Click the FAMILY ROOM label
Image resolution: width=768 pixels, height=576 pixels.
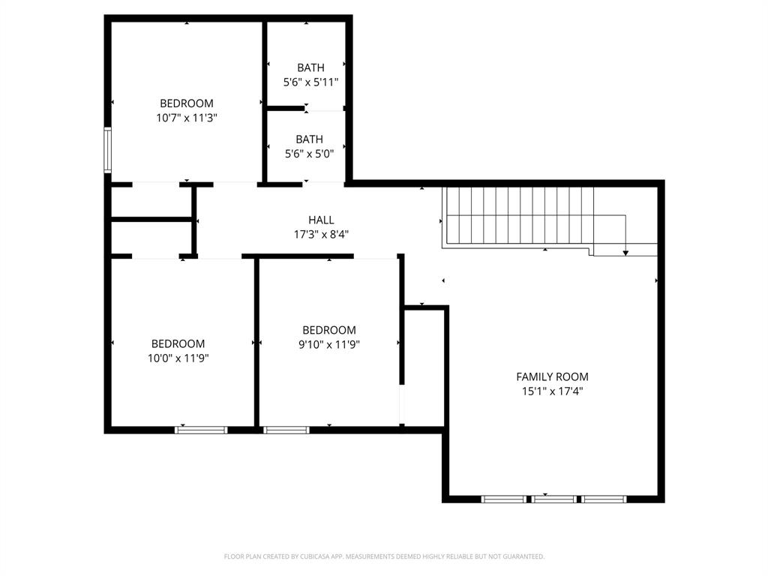pyautogui.click(x=552, y=376)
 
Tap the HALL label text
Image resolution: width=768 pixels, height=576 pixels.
pyautogui.click(x=321, y=220)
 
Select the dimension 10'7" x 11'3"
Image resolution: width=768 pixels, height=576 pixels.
pyautogui.click(x=186, y=118)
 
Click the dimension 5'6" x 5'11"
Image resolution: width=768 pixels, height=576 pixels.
pyautogui.click(x=310, y=82)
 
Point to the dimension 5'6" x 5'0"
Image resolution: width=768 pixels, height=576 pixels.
pyautogui.click(x=309, y=154)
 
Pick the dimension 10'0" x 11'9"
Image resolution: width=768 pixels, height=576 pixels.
pyautogui.click(x=178, y=358)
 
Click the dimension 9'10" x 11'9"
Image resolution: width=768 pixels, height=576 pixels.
pyautogui.click(x=328, y=345)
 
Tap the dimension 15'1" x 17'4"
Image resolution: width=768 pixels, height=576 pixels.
pyautogui.click(x=552, y=391)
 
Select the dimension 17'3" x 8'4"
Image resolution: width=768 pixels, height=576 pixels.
pyautogui.click(x=321, y=234)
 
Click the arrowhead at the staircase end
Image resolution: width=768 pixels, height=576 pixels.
pyautogui.click(x=625, y=253)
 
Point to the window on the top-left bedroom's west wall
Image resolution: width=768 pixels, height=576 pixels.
pyautogui.click(x=108, y=150)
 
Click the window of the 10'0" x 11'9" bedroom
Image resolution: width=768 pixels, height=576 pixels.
pyautogui.click(x=201, y=430)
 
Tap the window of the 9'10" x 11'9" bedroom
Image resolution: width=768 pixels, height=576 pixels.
pyautogui.click(x=286, y=430)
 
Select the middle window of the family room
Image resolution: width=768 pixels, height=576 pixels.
pyautogui.click(x=554, y=499)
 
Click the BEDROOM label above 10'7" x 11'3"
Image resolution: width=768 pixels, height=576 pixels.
pyautogui.click(x=186, y=103)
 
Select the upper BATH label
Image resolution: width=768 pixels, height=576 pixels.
pyautogui.click(x=310, y=68)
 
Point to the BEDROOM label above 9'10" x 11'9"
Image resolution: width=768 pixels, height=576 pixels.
pyautogui.click(x=328, y=330)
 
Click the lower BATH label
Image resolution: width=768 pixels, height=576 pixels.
pyautogui.click(x=309, y=139)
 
